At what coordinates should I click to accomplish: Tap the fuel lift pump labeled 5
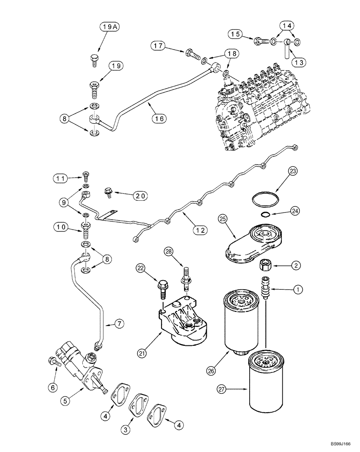[x=81, y=366]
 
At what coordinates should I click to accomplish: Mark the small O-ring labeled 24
[x=267, y=215]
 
